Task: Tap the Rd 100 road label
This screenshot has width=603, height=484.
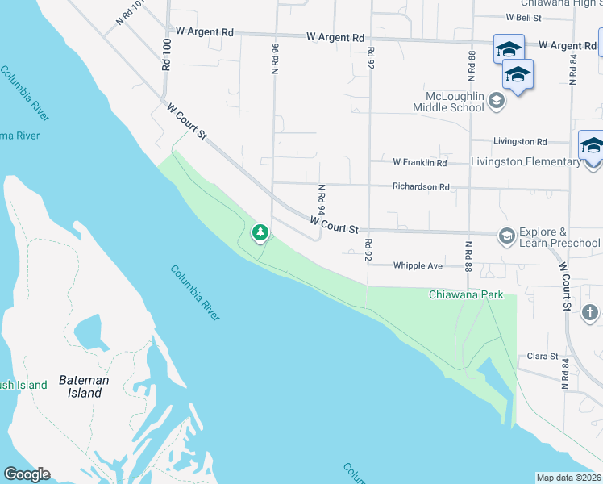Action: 166,55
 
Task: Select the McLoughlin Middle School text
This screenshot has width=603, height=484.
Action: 448,101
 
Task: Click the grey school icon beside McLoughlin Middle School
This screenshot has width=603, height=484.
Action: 496,101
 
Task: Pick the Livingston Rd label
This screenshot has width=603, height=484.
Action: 521,141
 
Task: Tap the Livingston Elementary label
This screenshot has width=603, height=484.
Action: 526,161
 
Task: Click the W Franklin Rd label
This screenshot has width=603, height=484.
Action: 419,162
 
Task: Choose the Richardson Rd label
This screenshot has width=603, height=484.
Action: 421,186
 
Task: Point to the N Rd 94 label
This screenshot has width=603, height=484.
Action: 321,198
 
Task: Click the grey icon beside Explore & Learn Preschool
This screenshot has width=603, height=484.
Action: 507,236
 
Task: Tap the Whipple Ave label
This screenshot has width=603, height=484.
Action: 418,265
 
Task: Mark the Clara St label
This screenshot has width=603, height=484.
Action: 543,356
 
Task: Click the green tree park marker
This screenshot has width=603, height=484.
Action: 260,234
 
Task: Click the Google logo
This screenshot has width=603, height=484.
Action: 27,474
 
